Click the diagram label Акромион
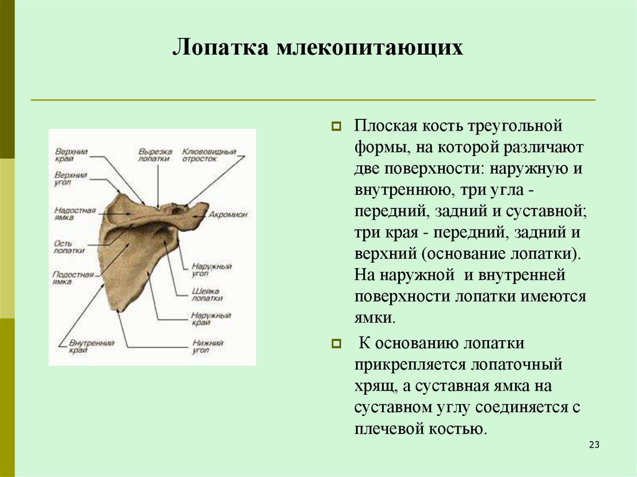pos(228,213)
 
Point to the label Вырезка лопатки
pos(154,155)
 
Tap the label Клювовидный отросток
pos(208,155)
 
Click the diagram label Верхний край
pos(70,155)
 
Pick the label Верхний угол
pos(70,178)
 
